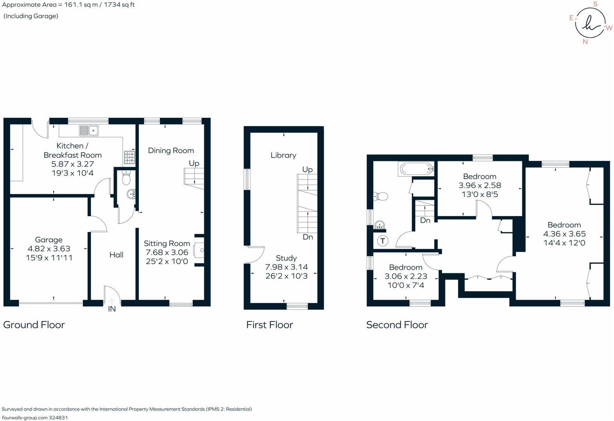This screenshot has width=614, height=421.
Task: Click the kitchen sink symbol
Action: [x=89, y=130]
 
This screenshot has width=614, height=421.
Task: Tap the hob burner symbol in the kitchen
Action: [x=129, y=157]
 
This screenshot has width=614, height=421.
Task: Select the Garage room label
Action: [x=49, y=240]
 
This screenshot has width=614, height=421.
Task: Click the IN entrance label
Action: [x=112, y=309]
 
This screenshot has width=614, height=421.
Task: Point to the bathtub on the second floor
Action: [x=417, y=169]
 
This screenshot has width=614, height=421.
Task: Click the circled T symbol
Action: [x=383, y=241]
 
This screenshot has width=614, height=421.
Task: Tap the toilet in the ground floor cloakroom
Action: [x=126, y=178]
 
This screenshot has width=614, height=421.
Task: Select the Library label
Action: [x=283, y=155]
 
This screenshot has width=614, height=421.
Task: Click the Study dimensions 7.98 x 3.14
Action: [x=286, y=267]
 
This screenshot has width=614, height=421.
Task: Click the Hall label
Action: [x=116, y=255]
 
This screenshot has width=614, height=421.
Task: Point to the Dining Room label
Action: [x=171, y=150]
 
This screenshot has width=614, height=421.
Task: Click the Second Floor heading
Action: [x=397, y=325]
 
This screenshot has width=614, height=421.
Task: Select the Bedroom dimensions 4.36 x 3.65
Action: [x=564, y=234]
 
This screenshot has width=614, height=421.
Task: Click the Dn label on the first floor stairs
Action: [x=308, y=237]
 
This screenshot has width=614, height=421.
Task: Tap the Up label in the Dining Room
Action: [x=194, y=163]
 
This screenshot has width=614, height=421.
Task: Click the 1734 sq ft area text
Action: [x=119, y=5]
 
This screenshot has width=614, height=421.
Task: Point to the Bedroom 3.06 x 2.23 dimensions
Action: [x=406, y=276]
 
